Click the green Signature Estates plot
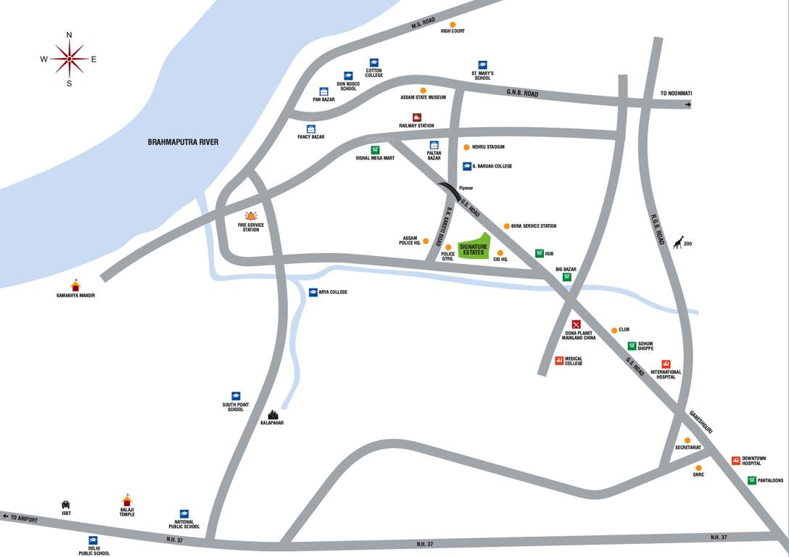[474, 247]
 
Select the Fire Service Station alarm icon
[252, 215]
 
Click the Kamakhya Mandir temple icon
[75, 285]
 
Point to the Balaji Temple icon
[127, 500]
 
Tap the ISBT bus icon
[66, 504]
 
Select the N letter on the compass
[70, 35]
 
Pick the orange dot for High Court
[453, 24]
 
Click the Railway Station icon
[416, 117]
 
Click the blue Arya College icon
[313, 292]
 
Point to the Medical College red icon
[559, 360]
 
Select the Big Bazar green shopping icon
[566, 277]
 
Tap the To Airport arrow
[6, 516]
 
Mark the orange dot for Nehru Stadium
[466, 147]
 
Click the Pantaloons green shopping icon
[752, 480]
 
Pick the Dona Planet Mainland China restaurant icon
[577, 323]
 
